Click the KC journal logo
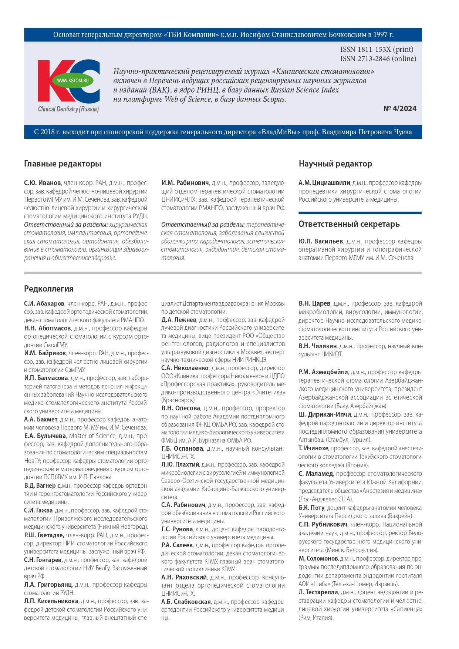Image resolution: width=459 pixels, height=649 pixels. click(x=68, y=81)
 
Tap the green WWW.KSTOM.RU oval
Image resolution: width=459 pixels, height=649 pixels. click(x=73, y=80)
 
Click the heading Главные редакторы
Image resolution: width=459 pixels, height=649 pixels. click(x=63, y=164)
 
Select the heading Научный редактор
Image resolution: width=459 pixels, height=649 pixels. click(x=335, y=164)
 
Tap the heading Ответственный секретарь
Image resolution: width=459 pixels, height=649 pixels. click(x=349, y=224)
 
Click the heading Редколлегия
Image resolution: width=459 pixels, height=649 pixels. click(x=49, y=289)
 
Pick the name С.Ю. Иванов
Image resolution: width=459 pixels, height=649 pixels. click(x=43, y=183)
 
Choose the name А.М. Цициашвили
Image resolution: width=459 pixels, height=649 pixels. click(x=324, y=183)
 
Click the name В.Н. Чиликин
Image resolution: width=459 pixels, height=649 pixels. click(x=318, y=346)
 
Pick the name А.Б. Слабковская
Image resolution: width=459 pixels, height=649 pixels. click(x=186, y=602)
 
